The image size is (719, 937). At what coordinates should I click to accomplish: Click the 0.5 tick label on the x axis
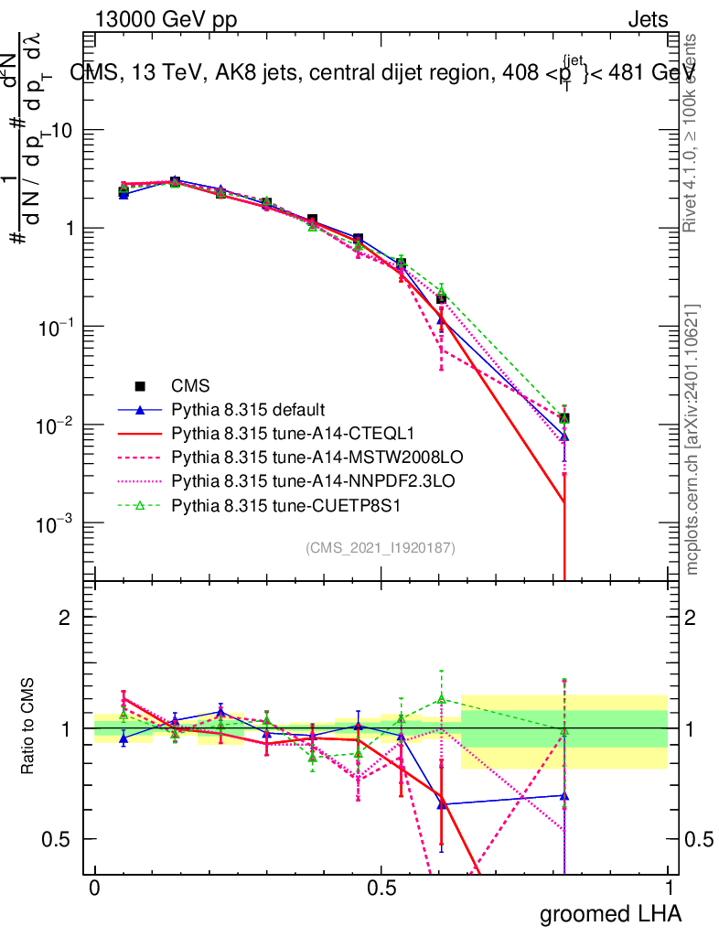point(381,888)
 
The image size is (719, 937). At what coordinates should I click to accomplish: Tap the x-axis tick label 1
point(669,888)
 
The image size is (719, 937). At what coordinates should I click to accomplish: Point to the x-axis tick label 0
point(94,888)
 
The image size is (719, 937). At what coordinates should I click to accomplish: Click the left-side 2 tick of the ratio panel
point(66,618)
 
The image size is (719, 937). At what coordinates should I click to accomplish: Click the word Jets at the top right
point(648,19)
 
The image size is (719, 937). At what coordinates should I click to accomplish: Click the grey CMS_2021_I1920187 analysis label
point(381,547)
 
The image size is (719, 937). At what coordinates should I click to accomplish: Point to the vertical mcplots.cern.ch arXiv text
point(692,439)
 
